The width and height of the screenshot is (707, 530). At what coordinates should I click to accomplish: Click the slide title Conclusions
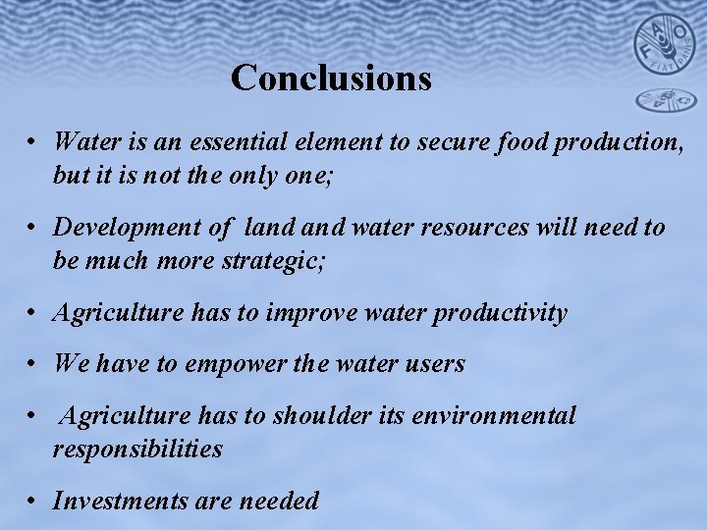(331, 78)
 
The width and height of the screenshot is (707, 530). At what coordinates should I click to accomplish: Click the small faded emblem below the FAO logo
(663, 99)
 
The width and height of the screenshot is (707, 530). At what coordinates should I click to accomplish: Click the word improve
(315, 313)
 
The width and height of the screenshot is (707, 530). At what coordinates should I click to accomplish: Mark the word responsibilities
(137, 450)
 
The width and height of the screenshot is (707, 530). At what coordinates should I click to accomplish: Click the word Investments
(120, 501)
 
